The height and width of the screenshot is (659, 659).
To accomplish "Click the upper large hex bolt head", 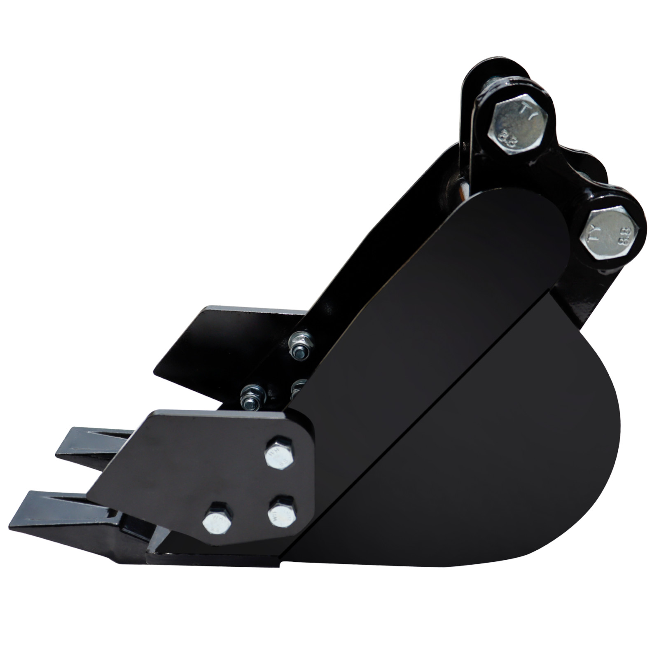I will tap(518, 124).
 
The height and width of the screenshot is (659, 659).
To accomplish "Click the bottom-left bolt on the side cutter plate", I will tap(217, 518).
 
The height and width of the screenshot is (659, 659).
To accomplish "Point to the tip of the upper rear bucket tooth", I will tap(58, 453).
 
